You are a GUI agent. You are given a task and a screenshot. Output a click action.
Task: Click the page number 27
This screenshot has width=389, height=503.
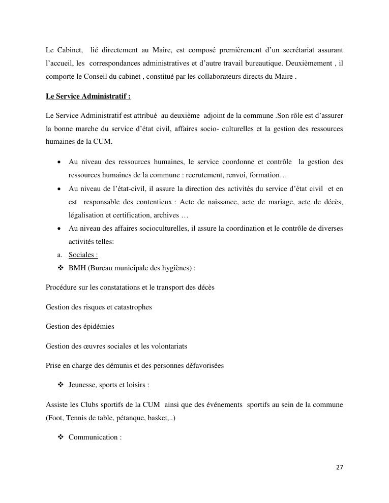340,467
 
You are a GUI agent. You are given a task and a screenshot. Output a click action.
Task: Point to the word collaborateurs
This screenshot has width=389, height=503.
213,76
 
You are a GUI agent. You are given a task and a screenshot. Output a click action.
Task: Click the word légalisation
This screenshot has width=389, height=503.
86,215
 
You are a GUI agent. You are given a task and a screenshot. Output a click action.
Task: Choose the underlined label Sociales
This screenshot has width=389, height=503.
83,255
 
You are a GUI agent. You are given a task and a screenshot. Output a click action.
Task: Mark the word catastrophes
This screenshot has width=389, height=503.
132,307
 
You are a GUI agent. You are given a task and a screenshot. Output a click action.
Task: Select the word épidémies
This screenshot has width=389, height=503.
99,326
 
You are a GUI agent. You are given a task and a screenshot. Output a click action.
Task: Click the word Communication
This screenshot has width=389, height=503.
93,437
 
